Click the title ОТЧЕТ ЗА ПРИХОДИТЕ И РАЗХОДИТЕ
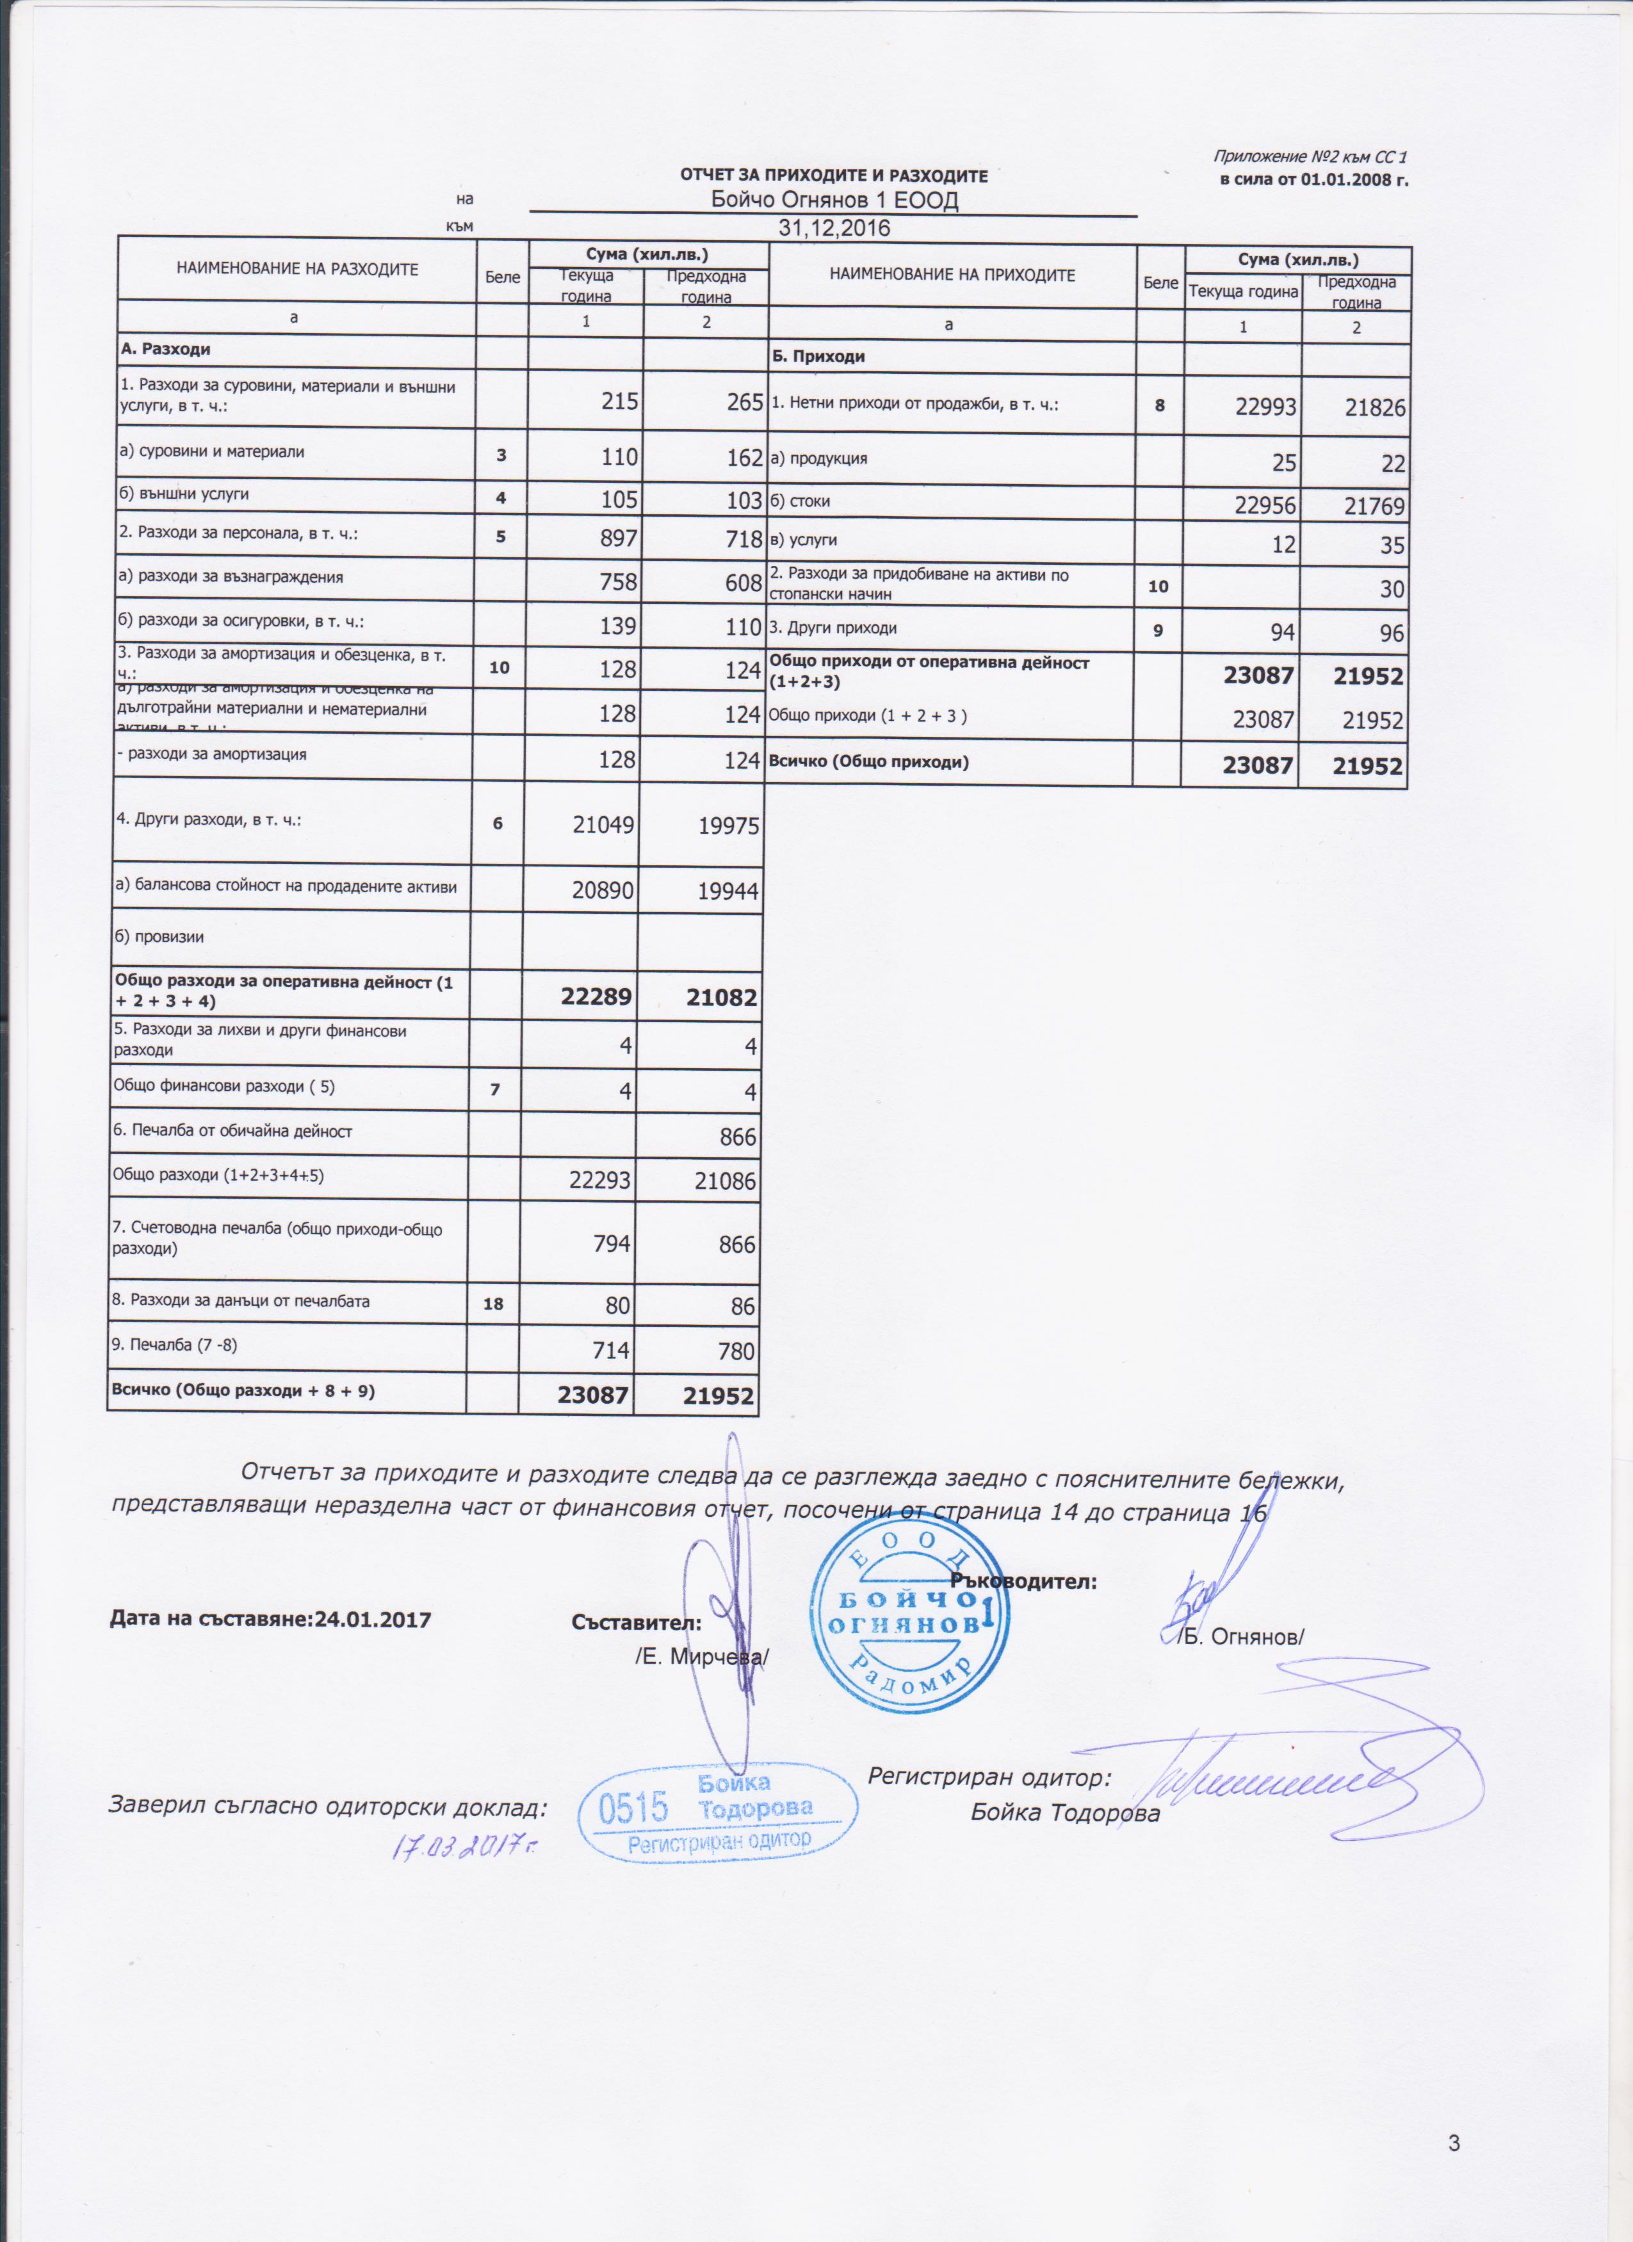pos(833,176)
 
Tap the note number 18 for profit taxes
pos(492,1304)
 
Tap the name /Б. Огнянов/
pos(1240,1636)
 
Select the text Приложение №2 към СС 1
pos(1309,157)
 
